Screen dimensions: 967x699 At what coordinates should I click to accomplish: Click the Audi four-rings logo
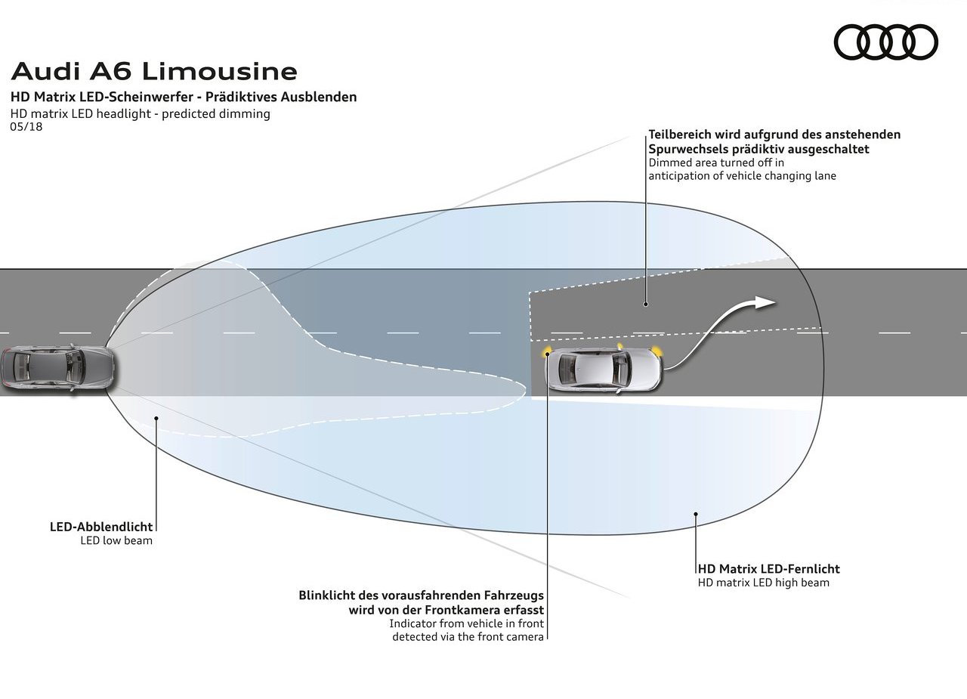coord(885,42)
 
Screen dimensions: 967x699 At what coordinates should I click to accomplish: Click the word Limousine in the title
coord(220,71)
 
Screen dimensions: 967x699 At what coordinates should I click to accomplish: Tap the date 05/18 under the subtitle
coord(26,126)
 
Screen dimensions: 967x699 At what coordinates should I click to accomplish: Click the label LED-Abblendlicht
coord(101,527)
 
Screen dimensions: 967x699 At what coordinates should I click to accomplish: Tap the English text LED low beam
coord(116,540)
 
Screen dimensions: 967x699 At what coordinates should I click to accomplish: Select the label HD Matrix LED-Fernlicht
coord(769,568)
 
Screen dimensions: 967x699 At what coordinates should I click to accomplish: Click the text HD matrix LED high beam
coord(763,583)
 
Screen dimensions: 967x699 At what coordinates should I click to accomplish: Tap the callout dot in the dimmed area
coord(646,304)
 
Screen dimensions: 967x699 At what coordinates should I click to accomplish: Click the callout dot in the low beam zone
coord(156,418)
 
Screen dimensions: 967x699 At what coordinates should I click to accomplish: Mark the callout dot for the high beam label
coord(696,514)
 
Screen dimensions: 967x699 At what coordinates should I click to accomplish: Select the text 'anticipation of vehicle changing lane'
coord(742,176)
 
